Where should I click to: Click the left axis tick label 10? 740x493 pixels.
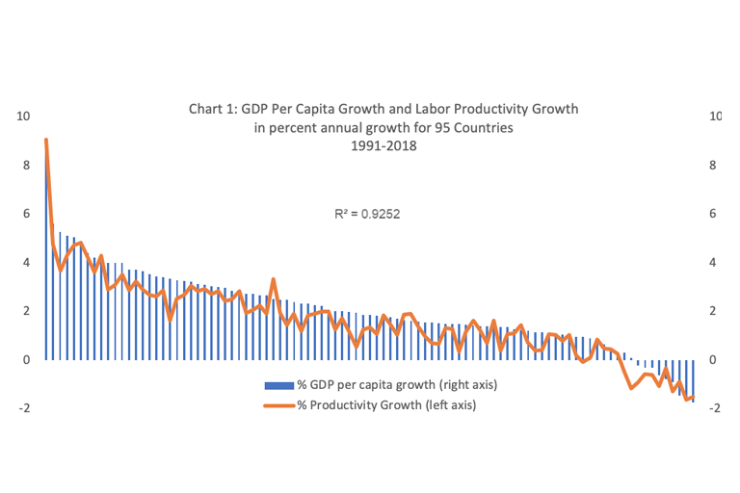click(24, 116)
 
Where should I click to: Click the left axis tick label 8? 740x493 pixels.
click(26, 165)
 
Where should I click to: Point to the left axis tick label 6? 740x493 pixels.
click(26, 214)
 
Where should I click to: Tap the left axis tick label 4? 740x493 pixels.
click(26, 262)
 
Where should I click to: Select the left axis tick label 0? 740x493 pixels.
click(26, 359)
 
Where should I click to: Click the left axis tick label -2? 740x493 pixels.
click(24, 407)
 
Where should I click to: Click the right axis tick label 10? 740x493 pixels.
click(714, 116)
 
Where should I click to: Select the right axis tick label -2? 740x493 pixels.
click(713, 407)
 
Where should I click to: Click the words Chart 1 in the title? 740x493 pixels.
click(212, 109)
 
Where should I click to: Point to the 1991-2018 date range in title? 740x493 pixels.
click(383, 145)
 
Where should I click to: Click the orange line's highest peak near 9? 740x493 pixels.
click(45, 141)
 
